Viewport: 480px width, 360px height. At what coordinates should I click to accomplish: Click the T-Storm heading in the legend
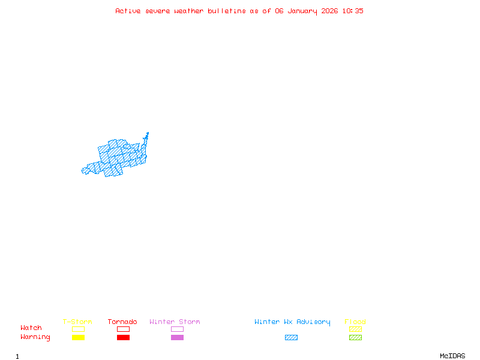(x=77, y=322)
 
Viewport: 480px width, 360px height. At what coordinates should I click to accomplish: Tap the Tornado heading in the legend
(x=122, y=322)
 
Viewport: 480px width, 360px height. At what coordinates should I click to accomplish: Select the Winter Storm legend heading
(x=175, y=322)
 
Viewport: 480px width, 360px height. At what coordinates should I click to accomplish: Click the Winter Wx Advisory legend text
(x=292, y=322)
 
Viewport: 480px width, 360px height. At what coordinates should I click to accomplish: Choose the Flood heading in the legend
(x=355, y=322)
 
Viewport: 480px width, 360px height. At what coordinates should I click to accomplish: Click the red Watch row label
(x=31, y=328)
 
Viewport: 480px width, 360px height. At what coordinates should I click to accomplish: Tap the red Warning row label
(x=35, y=337)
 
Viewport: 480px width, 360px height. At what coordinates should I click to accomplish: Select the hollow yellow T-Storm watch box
(x=78, y=329)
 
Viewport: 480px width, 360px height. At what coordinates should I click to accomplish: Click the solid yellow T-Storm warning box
(x=78, y=337)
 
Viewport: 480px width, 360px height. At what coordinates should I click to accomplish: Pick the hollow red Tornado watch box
(x=123, y=329)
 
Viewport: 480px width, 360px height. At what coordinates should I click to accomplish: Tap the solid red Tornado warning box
(x=123, y=337)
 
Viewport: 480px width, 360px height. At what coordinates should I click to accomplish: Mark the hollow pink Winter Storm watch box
(x=177, y=329)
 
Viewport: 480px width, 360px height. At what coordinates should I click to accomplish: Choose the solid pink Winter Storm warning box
(x=177, y=337)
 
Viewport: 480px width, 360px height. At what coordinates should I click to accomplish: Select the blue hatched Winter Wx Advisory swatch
(x=291, y=337)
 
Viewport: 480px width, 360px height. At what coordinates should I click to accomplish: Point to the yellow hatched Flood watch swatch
(x=355, y=329)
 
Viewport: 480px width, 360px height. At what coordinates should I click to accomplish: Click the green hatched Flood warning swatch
(x=355, y=337)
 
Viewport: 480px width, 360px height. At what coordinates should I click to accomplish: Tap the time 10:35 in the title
(x=352, y=11)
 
